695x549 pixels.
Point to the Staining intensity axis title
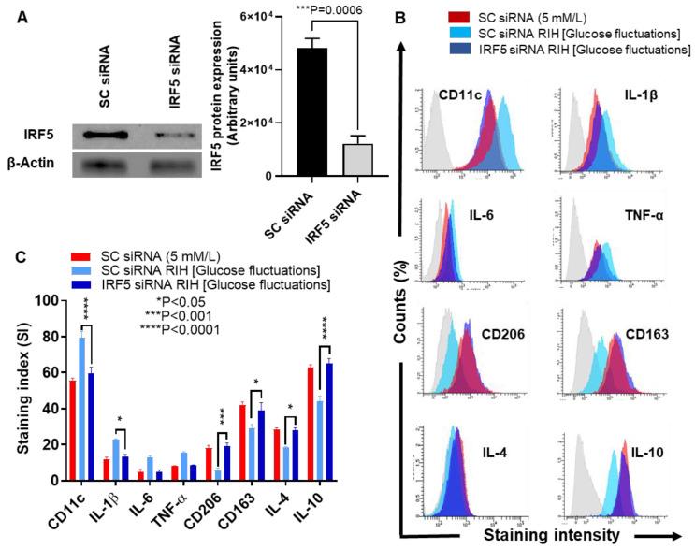(x=556, y=535)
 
